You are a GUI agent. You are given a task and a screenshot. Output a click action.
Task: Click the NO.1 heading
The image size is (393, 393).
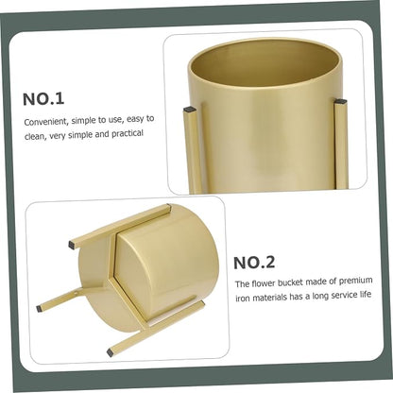point(43,99)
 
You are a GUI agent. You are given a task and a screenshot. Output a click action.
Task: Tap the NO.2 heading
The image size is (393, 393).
point(254,263)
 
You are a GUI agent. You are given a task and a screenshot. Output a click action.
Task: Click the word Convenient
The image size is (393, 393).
point(46,122)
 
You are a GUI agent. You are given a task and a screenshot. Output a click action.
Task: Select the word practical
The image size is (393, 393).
point(128,134)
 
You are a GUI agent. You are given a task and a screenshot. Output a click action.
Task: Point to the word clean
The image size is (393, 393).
point(35,137)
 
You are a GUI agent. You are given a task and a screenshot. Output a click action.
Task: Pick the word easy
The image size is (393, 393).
point(136,120)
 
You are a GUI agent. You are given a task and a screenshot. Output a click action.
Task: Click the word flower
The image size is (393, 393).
point(264,283)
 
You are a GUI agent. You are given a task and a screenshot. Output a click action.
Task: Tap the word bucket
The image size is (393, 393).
point(290,282)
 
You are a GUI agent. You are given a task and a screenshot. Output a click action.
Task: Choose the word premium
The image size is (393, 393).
point(355,281)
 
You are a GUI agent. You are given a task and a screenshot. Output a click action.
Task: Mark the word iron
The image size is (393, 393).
point(242,298)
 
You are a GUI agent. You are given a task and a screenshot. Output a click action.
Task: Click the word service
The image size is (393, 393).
point(344,296)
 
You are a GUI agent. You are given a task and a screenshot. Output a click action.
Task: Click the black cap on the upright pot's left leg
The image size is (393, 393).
point(190,110)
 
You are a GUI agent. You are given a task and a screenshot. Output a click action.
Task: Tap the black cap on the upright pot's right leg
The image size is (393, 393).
point(340,102)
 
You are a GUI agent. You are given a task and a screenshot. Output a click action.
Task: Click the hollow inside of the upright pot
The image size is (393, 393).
point(265,64)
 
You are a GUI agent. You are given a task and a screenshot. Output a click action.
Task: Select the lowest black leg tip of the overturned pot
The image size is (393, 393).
point(110,352)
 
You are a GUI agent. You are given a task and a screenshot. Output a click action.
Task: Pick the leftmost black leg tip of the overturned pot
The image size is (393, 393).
point(39,308)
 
